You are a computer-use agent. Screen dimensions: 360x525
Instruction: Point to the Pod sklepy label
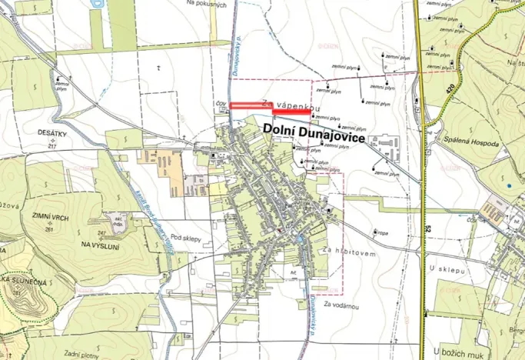[186, 238]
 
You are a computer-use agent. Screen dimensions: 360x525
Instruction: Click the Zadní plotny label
[83, 352]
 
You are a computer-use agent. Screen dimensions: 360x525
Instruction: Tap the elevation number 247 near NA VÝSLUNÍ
[101, 232]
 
